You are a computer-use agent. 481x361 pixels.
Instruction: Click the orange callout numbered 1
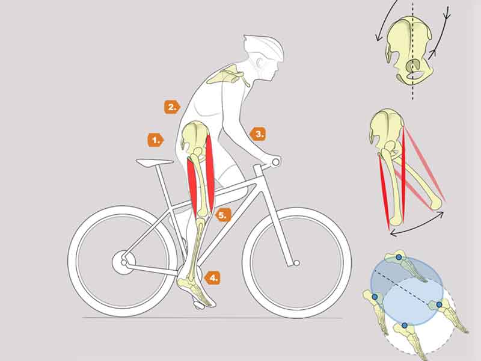[x=156, y=140]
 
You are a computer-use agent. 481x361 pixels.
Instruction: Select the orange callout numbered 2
[x=172, y=107]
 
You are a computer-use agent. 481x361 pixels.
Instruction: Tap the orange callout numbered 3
[x=258, y=134]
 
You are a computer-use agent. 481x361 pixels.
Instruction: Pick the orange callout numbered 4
[x=212, y=278]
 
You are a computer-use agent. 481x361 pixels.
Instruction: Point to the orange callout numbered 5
[x=223, y=215]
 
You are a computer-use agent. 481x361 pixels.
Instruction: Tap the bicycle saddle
[x=155, y=162]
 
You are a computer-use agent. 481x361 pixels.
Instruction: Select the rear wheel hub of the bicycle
[x=124, y=263]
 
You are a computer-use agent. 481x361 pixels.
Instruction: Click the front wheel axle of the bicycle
[x=296, y=263]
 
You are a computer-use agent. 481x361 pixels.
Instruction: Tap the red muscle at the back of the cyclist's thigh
[x=192, y=187]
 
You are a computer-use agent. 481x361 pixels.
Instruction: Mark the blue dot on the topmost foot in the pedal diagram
[x=399, y=258]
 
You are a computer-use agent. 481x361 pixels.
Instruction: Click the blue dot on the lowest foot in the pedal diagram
[x=405, y=326]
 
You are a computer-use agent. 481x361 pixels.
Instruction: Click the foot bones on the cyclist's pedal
[x=197, y=290]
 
